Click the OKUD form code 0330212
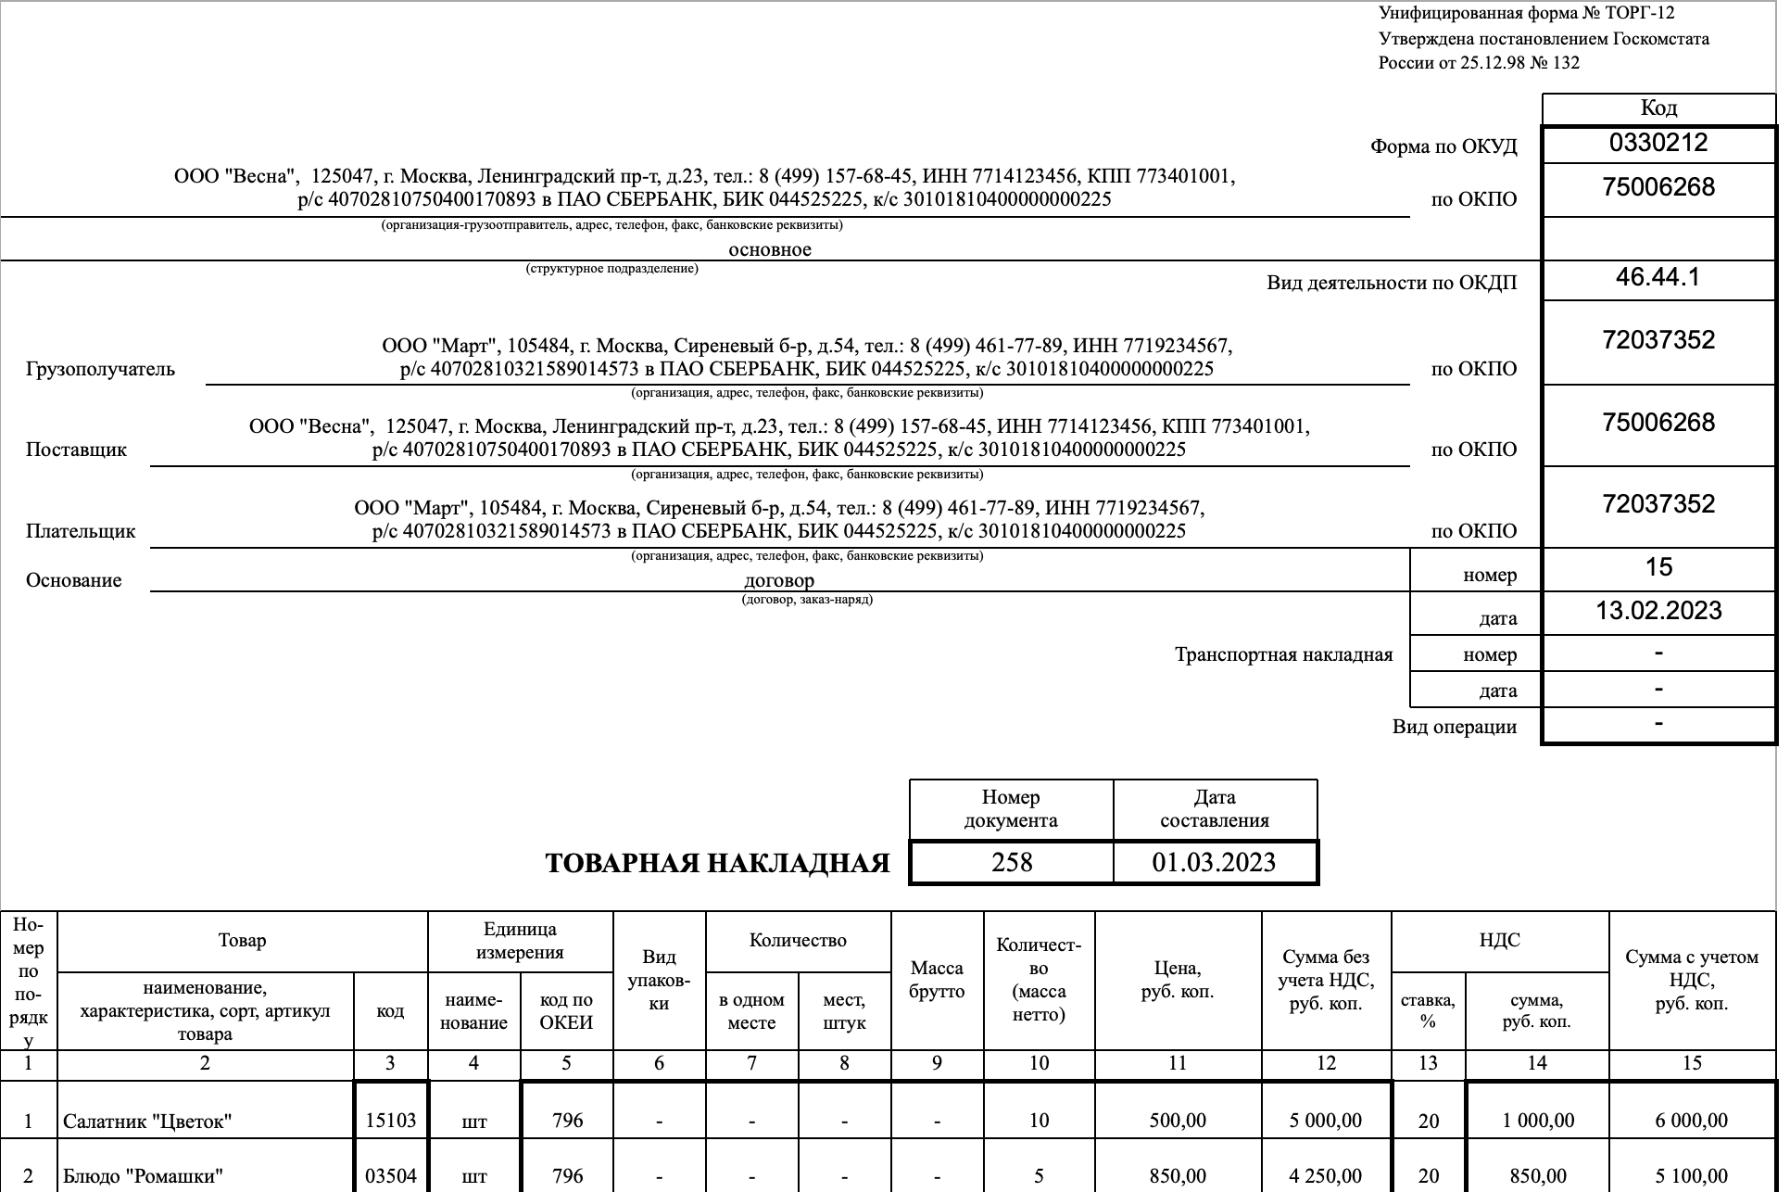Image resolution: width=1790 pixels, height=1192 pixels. tap(1658, 143)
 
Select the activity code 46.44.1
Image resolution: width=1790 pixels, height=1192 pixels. tap(1658, 277)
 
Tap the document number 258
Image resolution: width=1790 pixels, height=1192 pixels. tap(1011, 862)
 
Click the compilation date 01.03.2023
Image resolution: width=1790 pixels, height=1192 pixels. tap(1214, 862)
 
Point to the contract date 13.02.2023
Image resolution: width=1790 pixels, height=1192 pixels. tap(1658, 611)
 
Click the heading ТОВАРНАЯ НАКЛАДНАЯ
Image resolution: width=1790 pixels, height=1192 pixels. tap(717, 864)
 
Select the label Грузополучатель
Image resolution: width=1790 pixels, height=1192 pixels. tap(100, 369)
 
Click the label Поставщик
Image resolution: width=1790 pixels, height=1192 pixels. tap(76, 450)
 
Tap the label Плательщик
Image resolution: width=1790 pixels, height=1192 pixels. tap(81, 531)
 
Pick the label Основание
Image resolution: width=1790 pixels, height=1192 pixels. tap(74, 580)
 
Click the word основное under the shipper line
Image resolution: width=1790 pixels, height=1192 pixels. tap(770, 249)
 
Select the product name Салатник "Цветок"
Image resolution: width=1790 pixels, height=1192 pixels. tap(146, 1122)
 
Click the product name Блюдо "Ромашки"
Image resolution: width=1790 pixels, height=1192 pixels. tap(143, 1176)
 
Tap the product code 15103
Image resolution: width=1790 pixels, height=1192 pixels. tap(390, 1121)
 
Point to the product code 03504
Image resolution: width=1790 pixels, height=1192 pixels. tap(390, 1176)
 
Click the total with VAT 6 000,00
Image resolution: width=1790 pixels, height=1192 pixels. tap(1691, 1121)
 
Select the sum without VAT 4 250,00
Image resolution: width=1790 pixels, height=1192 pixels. tap(1325, 1176)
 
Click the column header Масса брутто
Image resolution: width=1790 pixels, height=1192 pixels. tap(937, 980)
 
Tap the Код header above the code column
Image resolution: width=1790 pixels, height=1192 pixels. tap(1658, 108)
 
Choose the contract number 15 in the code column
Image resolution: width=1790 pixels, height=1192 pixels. tap(1658, 566)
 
